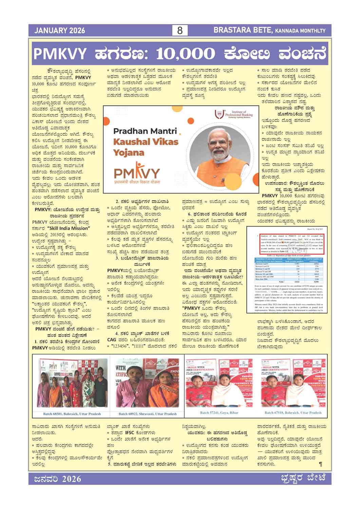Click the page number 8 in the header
180,31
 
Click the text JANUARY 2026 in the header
59,31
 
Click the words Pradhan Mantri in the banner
145,131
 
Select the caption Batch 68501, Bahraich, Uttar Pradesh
72,414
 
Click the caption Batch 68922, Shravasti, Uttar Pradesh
148,414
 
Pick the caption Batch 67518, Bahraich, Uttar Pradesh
293,413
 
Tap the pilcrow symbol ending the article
321,464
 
